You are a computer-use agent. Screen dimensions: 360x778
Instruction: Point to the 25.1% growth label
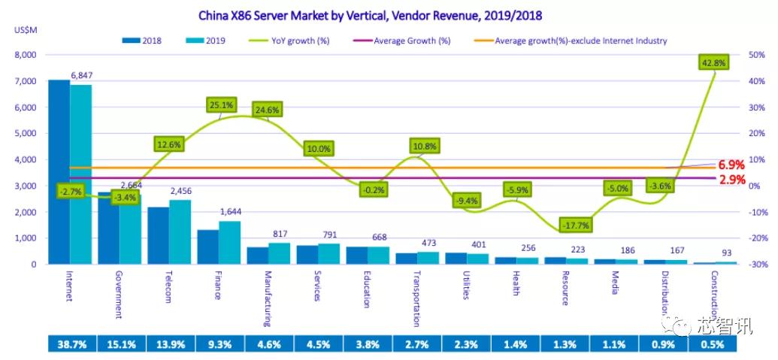pos(222,105)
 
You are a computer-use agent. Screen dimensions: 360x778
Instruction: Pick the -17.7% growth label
pos(575,225)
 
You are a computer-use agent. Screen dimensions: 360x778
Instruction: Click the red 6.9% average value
pos(731,164)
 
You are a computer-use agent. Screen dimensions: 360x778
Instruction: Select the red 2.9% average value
pos(731,180)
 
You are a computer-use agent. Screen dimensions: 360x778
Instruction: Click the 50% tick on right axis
pos(756,55)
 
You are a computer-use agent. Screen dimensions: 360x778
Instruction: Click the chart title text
pos(370,14)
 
